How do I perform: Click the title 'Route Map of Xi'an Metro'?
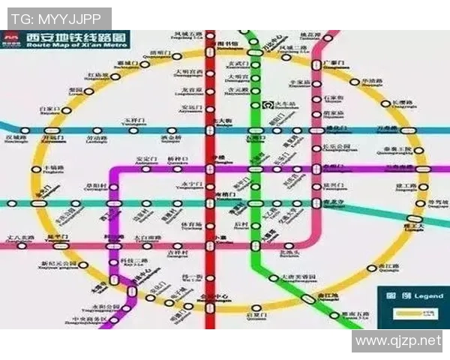74,44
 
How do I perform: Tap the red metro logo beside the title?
11,39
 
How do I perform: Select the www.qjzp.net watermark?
397,341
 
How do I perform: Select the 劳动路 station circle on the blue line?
96,130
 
